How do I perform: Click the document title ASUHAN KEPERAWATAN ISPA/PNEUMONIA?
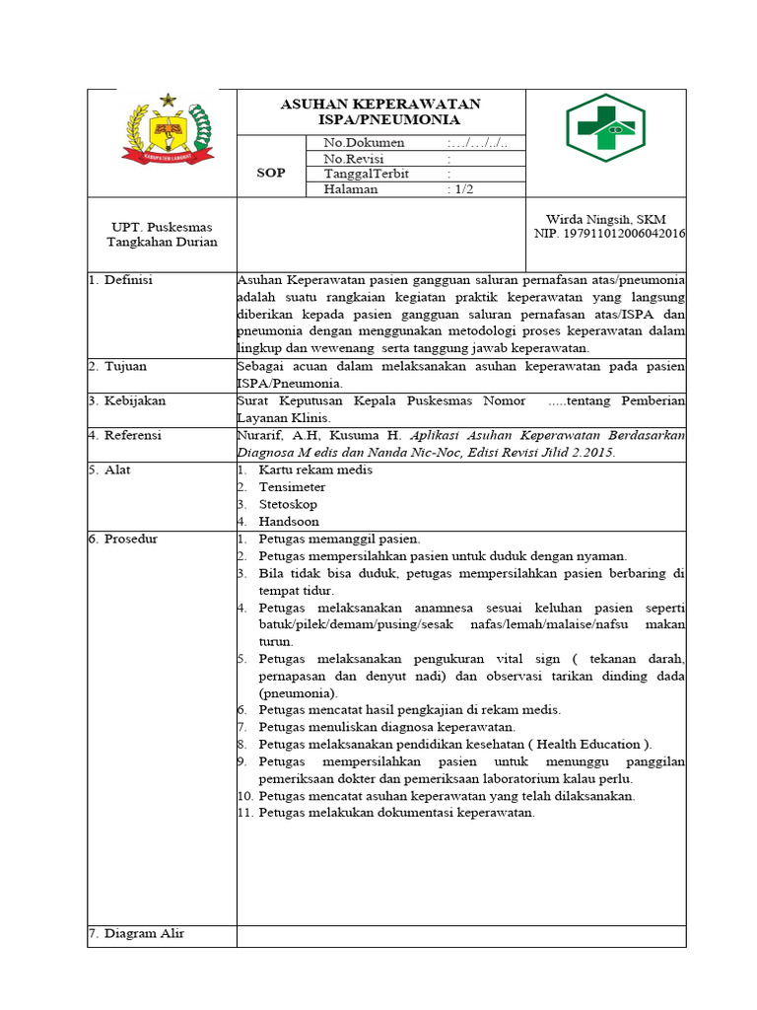coord(380,111)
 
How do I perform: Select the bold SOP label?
coord(271,173)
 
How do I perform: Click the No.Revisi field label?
coord(354,159)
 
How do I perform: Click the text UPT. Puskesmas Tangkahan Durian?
coord(162,235)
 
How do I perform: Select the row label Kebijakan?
coord(135,400)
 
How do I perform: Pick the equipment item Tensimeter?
coord(292,487)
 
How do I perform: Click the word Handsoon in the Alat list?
coord(289,522)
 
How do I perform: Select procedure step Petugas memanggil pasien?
coord(339,539)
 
